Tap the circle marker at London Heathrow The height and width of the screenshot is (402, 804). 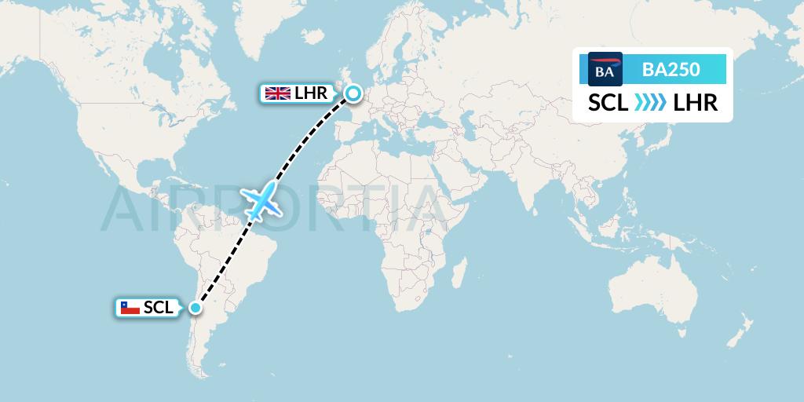click(353, 94)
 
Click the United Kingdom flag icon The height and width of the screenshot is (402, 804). click(276, 94)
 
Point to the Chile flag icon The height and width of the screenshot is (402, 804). click(130, 309)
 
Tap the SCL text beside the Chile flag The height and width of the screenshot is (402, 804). click(159, 309)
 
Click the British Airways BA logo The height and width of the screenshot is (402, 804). click(605, 69)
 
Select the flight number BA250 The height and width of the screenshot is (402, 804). click(671, 69)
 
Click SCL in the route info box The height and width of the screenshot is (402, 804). click(608, 103)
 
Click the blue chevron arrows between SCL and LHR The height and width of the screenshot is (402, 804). click(649, 103)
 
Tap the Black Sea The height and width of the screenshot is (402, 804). click(437, 119)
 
